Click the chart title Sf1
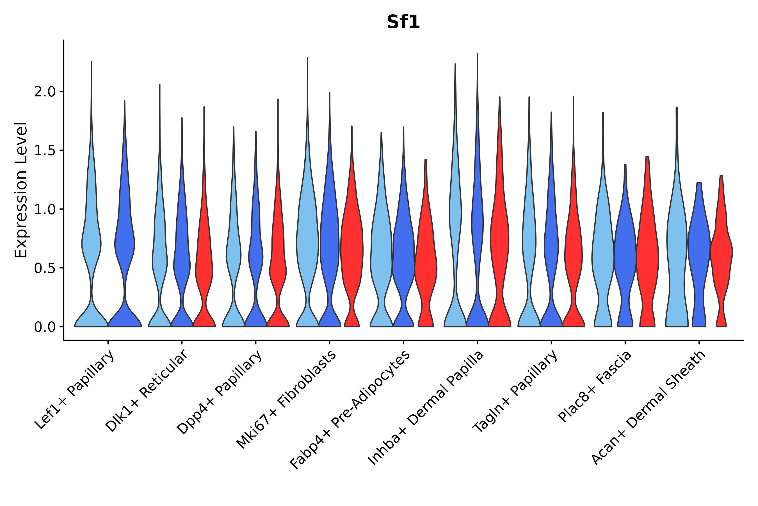403,22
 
